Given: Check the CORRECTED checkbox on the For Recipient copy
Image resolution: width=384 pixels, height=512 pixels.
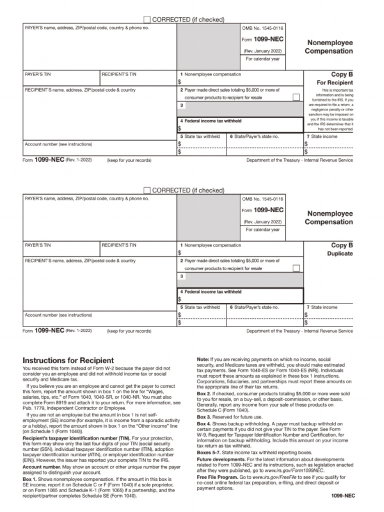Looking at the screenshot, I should tap(146, 19).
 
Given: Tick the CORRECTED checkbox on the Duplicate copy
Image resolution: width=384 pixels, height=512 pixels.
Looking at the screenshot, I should tap(146, 190).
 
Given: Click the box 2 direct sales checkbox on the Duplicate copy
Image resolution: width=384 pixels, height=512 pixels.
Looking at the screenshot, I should tap(296, 268).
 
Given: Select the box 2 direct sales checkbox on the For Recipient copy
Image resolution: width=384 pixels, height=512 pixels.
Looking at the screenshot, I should tap(296, 97).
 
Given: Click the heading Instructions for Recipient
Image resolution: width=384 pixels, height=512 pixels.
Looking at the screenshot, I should tap(68, 360).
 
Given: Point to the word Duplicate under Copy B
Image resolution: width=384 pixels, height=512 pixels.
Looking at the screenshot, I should tap(340, 253).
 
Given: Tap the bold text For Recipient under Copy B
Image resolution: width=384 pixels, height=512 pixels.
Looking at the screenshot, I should tap(335, 82).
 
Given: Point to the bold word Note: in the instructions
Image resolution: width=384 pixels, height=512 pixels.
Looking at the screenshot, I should tap(202, 359).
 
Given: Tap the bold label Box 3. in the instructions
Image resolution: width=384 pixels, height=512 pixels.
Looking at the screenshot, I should tap(204, 416).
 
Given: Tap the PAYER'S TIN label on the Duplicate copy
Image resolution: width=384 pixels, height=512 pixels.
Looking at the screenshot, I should tap(38, 245).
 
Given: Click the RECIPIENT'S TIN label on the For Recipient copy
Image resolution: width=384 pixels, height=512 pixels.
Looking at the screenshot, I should tap(119, 74).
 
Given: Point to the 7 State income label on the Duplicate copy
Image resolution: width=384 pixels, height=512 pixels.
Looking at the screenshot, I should tap(322, 307).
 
